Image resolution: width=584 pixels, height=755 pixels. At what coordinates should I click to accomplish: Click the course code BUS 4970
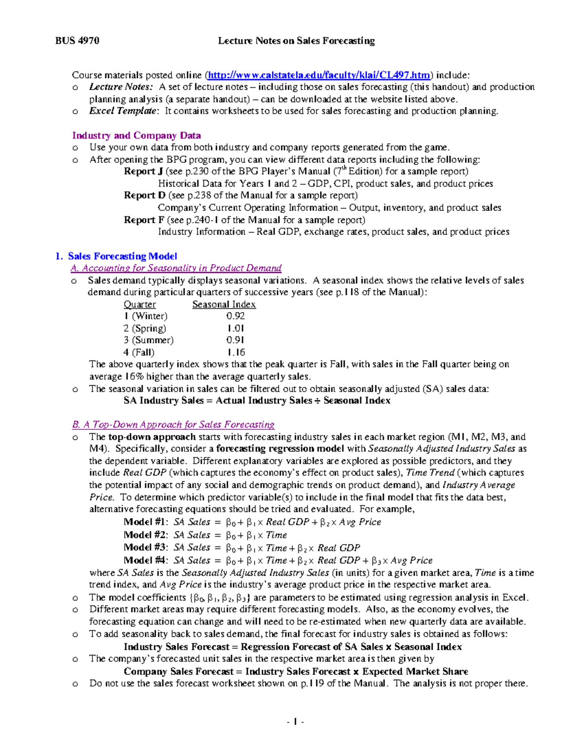coord(77,41)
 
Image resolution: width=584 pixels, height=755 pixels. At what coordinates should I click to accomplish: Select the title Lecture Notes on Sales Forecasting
coord(296,41)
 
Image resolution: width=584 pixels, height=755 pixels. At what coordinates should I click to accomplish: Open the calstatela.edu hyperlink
coord(319,75)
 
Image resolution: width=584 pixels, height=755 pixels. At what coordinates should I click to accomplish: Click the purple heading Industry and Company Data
coord(136,136)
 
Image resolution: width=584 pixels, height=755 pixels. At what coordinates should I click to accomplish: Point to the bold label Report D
coord(145,195)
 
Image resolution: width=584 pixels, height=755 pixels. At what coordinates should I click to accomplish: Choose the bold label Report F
coord(144,220)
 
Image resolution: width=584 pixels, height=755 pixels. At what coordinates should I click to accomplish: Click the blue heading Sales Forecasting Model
coord(122,256)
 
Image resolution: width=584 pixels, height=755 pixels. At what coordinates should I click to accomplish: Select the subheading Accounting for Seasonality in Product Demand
coord(176,268)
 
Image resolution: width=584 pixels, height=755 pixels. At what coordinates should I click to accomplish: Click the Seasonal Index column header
coord(224,304)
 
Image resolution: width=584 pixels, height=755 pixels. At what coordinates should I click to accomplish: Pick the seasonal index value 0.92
coord(236,316)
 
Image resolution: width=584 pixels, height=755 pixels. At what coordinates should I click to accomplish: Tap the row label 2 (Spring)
coord(145,328)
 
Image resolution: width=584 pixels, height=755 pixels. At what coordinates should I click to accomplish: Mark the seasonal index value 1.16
coord(236,352)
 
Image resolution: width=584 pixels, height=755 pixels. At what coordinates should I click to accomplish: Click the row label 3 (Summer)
coord(148,340)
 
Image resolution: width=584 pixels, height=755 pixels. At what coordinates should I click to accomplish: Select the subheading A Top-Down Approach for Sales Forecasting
coord(173,424)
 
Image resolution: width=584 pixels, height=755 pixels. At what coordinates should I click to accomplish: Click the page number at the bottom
coord(295,721)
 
